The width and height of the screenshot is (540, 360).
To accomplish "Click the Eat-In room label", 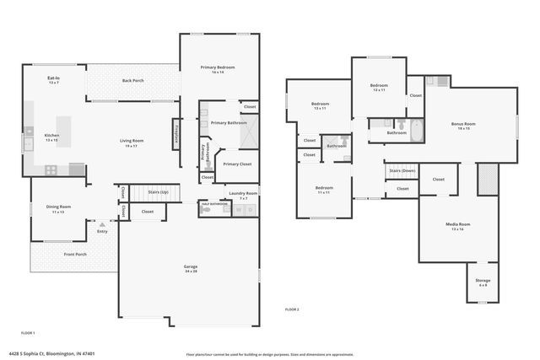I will [x=53, y=78].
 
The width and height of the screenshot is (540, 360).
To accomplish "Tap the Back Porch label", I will [x=132, y=80].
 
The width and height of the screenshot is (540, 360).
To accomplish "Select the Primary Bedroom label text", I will [x=217, y=67].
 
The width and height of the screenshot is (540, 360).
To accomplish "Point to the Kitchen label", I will [x=51, y=136].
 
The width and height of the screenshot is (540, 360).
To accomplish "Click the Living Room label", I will [x=131, y=141].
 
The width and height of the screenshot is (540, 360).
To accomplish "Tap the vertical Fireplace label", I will [x=176, y=134].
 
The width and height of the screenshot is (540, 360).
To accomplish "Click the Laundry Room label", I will [x=242, y=193].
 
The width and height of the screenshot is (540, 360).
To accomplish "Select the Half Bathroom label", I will [x=211, y=203].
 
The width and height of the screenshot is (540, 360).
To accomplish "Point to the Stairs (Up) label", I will [x=159, y=192].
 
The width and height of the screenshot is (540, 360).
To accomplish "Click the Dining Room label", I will [x=58, y=207].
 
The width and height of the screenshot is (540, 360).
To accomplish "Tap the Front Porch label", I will [x=75, y=254].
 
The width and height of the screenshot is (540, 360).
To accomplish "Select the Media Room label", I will [x=458, y=224].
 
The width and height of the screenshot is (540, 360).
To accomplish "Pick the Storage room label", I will [x=482, y=281].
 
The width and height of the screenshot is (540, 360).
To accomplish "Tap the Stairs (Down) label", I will [x=402, y=169].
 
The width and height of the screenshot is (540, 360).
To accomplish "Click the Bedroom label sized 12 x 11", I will [x=379, y=85].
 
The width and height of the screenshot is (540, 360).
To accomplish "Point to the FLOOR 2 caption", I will [x=292, y=309].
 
